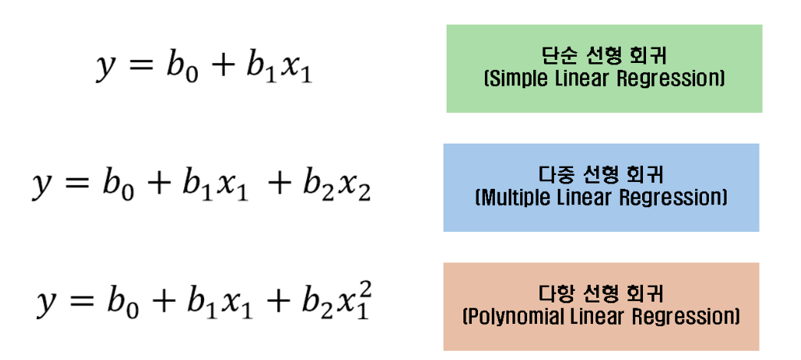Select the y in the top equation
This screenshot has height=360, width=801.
tap(105, 67)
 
